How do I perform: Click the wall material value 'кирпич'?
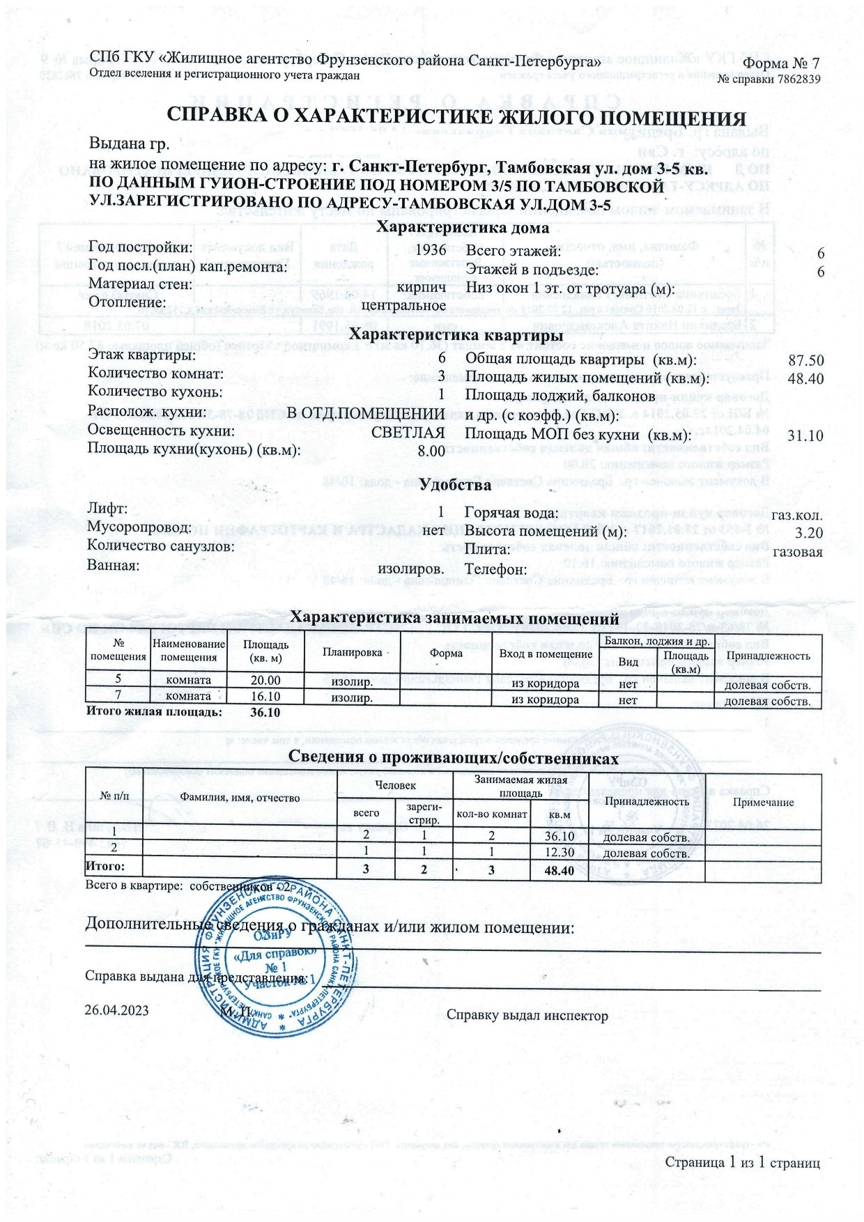pos(421,286)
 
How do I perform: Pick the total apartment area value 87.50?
pos(805,361)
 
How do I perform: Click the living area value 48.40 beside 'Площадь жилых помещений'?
pos(805,379)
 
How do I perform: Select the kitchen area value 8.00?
pos(431,451)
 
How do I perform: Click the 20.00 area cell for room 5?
pos(265,681)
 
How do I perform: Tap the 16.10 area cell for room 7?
pos(265,696)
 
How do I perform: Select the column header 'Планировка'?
pos(353,653)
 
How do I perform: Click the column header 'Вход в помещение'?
pos(546,654)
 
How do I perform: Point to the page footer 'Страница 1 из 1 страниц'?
pos(742,1163)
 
